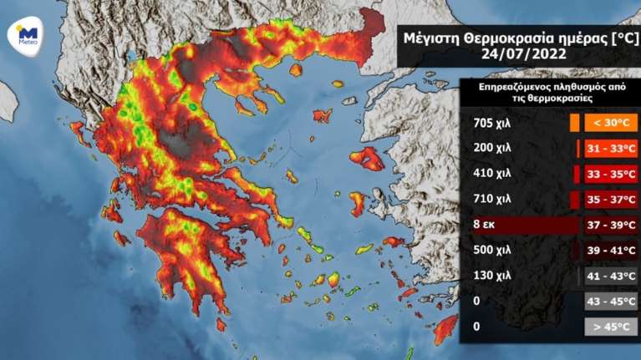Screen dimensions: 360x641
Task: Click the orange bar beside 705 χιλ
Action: (574, 124)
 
